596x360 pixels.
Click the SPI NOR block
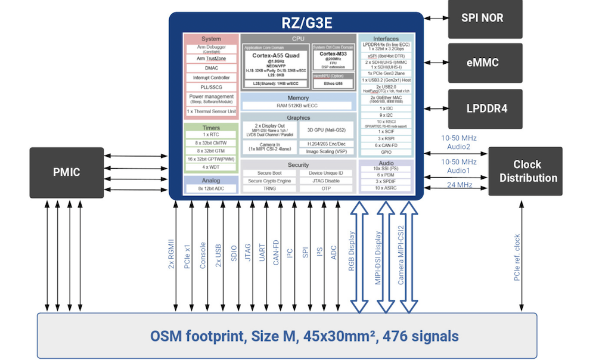pyautogui.click(x=482, y=18)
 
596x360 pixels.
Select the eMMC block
pyautogui.click(x=482, y=63)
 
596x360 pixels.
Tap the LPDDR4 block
pyautogui.click(x=482, y=109)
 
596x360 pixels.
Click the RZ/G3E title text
pyautogui.click(x=296, y=24)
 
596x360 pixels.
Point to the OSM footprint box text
pyautogui.click(x=287, y=336)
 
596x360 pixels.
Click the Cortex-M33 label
pyautogui.click(x=334, y=54)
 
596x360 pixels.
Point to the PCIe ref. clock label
pyautogui.click(x=517, y=257)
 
